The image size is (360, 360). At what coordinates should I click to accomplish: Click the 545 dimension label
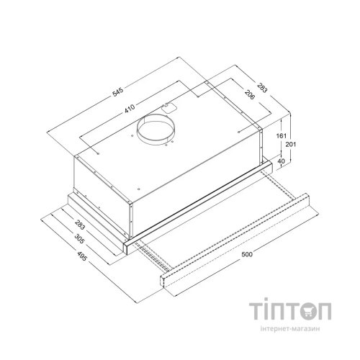[118, 92]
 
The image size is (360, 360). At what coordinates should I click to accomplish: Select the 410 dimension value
[130, 109]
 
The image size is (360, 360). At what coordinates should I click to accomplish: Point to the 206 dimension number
[249, 94]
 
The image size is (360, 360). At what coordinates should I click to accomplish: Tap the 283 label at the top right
[262, 88]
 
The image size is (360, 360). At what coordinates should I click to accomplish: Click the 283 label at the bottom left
[80, 224]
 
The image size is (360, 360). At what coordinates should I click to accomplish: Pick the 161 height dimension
[282, 136]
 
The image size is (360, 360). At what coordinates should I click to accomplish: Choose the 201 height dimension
[291, 145]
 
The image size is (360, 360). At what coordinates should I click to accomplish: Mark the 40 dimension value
[281, 161]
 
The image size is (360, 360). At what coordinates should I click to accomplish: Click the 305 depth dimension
[79, 239]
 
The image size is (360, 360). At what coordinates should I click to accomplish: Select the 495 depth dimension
[81, 256]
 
